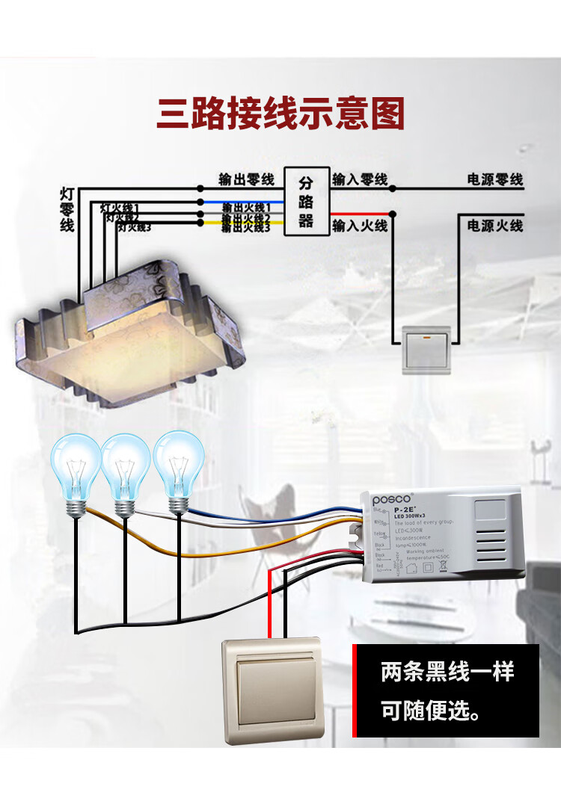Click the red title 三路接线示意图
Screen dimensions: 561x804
pyautogui.click(x=280, y=114)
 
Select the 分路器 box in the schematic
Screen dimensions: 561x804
pyautogui.click(x=306, y=202)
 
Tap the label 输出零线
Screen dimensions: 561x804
pyautogui.click(x=247, y=179)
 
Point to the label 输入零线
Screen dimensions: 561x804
pyautogui.click(x=360, y=179)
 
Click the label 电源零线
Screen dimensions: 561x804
pyautogui.click(x=494, y=179)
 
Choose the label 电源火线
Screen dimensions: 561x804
pyautogui.click(x=494, y=225)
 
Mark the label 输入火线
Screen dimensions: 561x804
pyautogui.click(x=360, y=225)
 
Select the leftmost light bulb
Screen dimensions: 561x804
pyautogui.click(x=75, y=469)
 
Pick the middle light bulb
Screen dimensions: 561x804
pyautogui.click(x=126, y=469)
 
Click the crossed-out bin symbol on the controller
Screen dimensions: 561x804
pyautogui.click(x=442, y=566)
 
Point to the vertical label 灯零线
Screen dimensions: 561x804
pyautogui.click(x=67, y=209)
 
